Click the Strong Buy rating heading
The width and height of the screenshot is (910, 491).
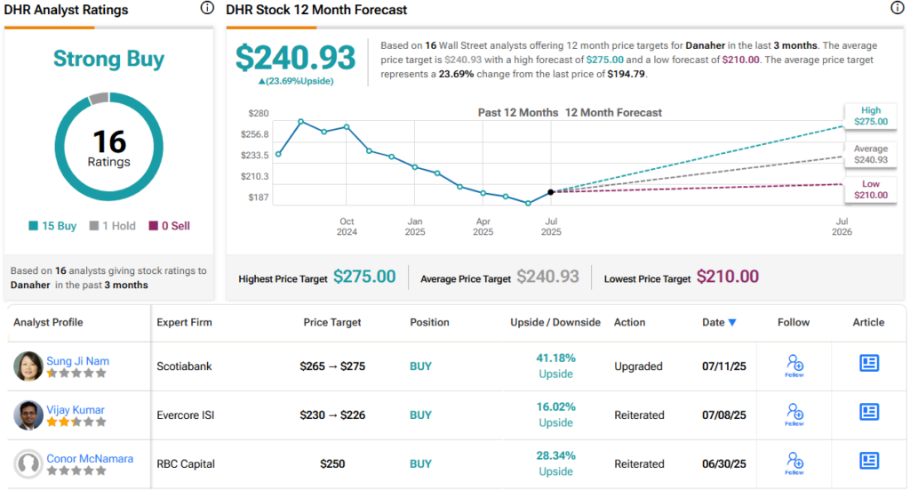click(x=108, y=60)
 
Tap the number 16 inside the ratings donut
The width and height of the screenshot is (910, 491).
click(x=109, y=141)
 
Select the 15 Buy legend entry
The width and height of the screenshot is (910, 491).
click(x=53, y=226)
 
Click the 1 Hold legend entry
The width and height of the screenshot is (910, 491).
click(x=114, y=226)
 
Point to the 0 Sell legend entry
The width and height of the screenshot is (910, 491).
click(x=169, y=226)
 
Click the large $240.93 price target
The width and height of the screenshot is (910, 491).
click(x=295, y=58)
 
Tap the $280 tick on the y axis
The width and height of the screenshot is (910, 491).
click(x=259, y=113)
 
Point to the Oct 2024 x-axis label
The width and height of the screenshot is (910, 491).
click(x=347, y=227)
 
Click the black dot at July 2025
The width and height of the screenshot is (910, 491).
click(x=551, y=192)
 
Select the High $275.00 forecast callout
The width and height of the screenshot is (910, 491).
click(x=870, y=116)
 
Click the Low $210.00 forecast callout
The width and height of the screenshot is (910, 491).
click(x=870, y=189)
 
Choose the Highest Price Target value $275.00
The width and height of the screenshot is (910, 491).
click(x=364, y=278)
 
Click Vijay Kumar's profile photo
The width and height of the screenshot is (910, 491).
click(x=29, y=415)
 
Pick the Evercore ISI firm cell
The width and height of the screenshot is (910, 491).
click(x=187, y=415)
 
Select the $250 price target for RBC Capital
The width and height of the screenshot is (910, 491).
click(x=331, y=463)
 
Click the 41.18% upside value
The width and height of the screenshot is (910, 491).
click(x=555, y=358)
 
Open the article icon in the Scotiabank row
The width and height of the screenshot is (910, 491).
click(x=868, y=363)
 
